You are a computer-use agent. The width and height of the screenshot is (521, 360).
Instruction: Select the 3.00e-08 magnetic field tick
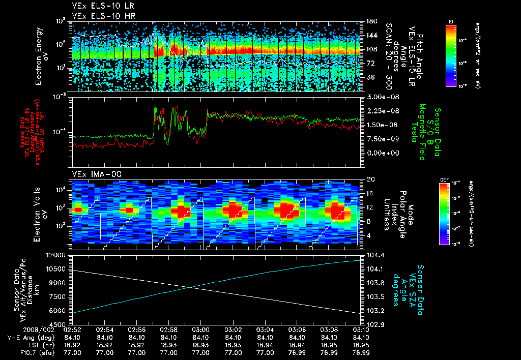point(381,97)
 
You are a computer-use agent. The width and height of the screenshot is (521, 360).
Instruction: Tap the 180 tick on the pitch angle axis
point(370,21)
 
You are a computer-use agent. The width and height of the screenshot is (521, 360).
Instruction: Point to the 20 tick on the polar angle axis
point(370,179)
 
